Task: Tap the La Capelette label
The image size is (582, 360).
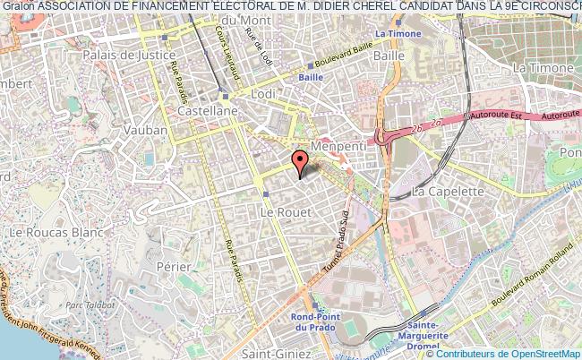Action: click(448, 192)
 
